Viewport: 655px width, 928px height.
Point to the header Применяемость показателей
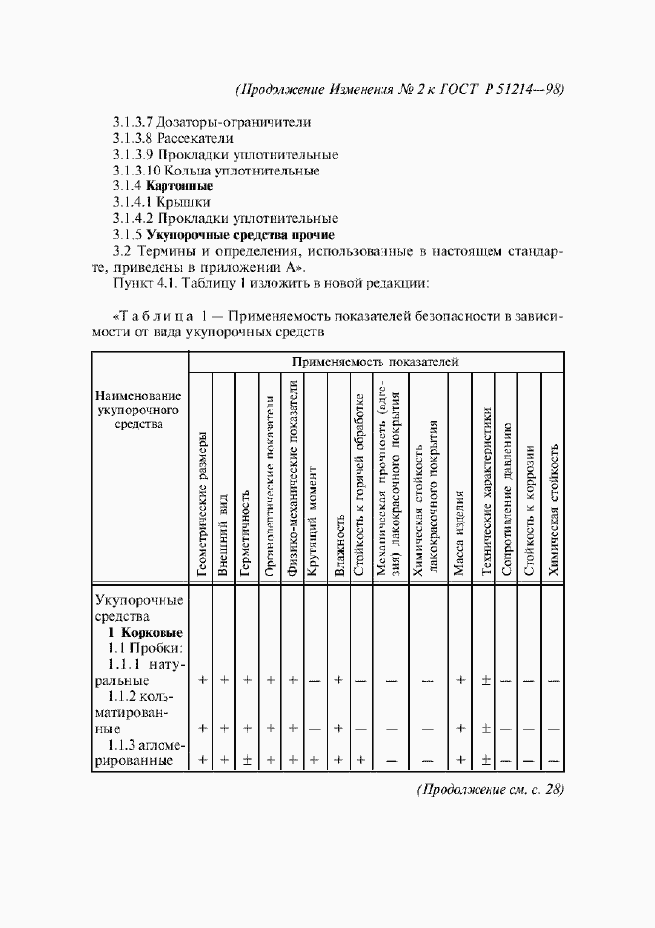[376, 362]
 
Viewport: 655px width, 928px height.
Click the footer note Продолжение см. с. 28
[490, 790]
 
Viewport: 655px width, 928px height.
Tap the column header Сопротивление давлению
[507, 500]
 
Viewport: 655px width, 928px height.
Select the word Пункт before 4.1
[136, 284]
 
